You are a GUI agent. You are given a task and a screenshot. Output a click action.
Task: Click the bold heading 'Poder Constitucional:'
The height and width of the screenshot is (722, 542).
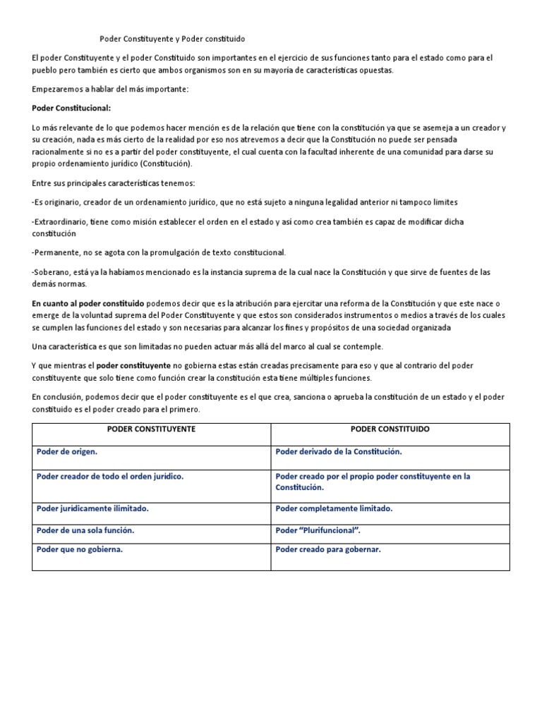coord(72,108)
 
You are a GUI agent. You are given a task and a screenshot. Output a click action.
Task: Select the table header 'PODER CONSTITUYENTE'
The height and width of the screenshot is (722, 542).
coord(151,429)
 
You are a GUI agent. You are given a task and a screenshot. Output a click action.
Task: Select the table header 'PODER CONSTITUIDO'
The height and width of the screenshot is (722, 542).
coord(390,429)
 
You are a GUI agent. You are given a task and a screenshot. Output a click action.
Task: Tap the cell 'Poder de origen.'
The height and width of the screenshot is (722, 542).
coord(67,451)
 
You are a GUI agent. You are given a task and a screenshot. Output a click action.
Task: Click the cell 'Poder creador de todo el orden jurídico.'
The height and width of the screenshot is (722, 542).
coord(109,476)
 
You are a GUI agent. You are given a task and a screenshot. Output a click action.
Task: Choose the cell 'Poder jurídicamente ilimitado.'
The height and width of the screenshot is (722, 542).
coord(92,508)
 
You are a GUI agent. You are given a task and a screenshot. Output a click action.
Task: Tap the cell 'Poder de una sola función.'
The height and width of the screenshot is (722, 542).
coord(85,530)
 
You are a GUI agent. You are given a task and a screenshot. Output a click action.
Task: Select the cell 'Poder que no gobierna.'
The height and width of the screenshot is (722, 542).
coord(79,549)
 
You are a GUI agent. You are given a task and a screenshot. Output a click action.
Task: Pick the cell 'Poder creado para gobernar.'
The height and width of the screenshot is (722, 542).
coord(327,549)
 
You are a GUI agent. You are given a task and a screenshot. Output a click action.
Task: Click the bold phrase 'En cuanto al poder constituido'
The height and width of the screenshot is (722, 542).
coord(88,301)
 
